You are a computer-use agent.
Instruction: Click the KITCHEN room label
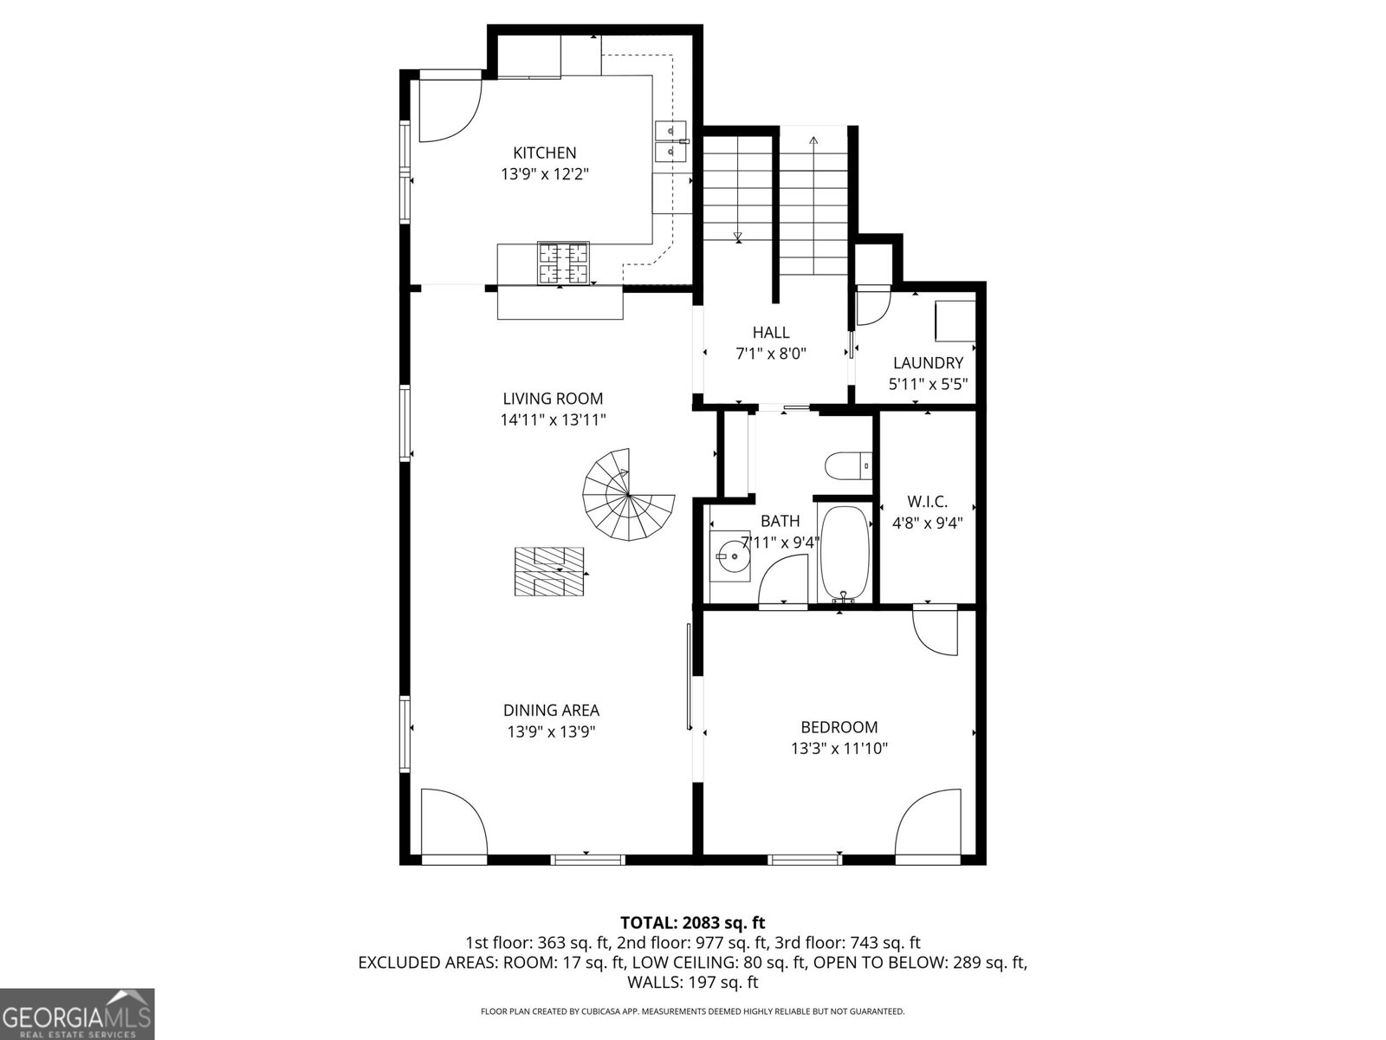pos(544,153)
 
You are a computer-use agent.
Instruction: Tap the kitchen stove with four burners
pos(563,263)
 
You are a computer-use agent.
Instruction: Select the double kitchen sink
pos(671,141)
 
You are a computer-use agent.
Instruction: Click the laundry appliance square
pos(955,321)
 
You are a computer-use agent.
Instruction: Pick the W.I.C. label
pos(927,502)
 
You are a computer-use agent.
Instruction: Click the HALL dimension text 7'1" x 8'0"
pos(770,354)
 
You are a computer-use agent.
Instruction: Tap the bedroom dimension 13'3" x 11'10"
pos(839,749)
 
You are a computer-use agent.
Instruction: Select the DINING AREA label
pos(551,711)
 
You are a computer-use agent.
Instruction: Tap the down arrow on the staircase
pos(737,235)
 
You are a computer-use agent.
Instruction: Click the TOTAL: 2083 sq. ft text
pos(692,922)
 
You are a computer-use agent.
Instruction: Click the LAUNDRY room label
pos(928,363)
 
